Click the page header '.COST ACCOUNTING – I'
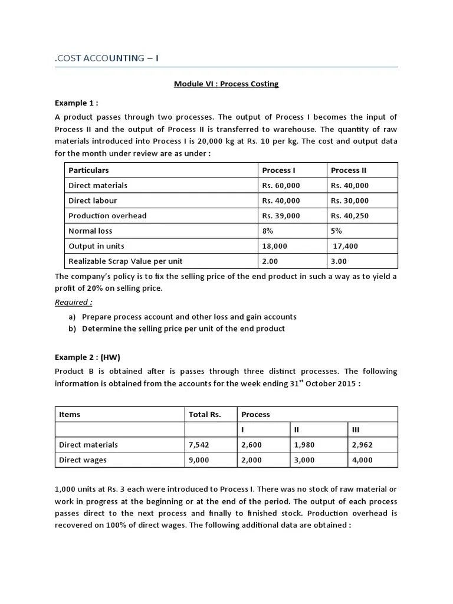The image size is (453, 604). coord(106,58)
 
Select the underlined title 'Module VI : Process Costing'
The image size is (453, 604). coord(226,84)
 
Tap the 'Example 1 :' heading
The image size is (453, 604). coord(77,102)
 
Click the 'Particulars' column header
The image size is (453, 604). coord(88,170)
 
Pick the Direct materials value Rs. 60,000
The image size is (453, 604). coord(281,185)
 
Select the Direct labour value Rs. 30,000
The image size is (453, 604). coord(350,201)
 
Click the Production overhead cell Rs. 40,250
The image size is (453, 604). coord(350,216)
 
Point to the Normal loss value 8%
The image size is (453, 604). coord(268,231)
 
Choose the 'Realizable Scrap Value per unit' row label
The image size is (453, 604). coord(126,261)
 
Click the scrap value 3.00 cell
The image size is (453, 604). coord(339,261)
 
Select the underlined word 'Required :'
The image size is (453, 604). coord(74,303)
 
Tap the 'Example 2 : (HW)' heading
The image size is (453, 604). coord(87,357)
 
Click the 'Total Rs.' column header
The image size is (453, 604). coord(205,414)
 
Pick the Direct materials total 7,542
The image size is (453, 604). coord(199,445)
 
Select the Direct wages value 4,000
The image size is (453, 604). coord(362,460)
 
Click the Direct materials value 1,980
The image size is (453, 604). coord(305,445)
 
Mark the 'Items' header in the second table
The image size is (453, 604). coord(70,414)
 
